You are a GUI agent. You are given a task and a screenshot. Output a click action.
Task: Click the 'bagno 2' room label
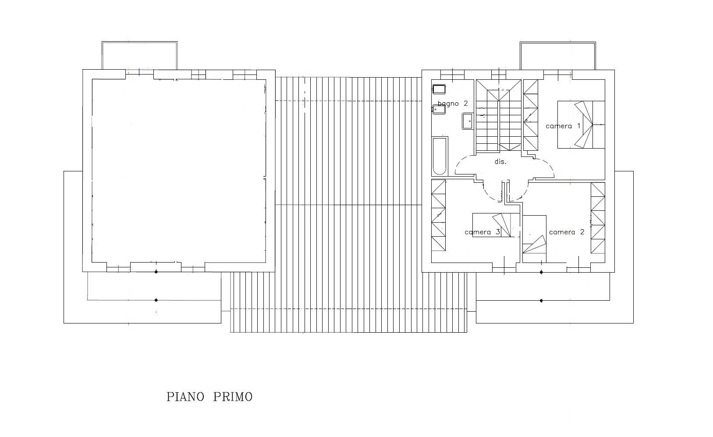point(453,104)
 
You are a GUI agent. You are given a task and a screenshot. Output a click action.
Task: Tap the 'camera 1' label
point(563,126)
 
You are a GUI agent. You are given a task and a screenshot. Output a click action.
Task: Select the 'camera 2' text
point(567,232)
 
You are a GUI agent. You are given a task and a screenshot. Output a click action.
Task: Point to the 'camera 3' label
point(482,232)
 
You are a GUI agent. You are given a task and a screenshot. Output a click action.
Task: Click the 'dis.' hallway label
point(500,162)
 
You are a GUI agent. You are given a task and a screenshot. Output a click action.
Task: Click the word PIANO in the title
point(185,397)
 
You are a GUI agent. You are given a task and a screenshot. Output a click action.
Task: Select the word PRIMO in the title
point(233,397)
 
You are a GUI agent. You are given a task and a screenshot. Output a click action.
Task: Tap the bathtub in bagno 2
point(440,156)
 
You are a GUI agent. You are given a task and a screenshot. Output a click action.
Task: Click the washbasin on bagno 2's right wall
point(468,121)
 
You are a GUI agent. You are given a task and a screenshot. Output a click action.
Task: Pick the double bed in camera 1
point(581,124)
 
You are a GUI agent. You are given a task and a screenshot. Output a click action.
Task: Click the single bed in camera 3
point(496,225)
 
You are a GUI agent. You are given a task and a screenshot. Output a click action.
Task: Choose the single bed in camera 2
point(535,239)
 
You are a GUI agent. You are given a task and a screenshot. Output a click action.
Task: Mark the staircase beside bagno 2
point(498,115)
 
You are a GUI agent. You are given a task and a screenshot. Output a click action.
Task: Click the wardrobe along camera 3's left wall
point(438,215)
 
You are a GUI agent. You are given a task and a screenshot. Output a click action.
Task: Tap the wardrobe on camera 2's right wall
point(598,218)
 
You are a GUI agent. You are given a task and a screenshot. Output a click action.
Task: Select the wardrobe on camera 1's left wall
point(531,115)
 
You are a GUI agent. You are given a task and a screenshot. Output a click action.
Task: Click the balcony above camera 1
point(558,56)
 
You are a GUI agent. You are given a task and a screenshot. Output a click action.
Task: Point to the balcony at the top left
point(139,55)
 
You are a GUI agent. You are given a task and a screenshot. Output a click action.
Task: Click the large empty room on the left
point(179,171)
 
